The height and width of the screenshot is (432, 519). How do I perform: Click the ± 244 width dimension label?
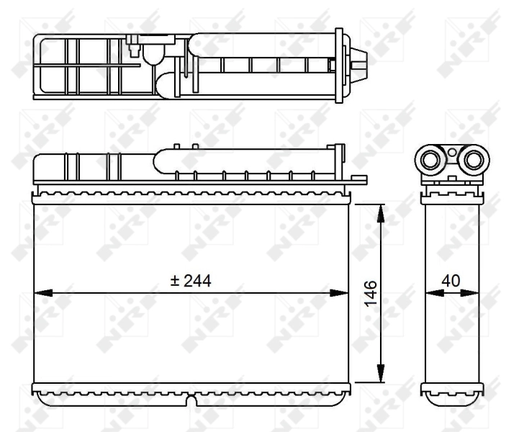pos(191,282)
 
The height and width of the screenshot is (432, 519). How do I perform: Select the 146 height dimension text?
pos(368,294)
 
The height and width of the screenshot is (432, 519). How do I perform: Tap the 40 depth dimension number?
pos(451,282)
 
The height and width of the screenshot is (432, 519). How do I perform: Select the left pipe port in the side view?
pos(433,159)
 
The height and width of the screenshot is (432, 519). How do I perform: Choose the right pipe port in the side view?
pos(472,159)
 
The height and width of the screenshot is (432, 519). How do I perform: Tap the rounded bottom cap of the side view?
pos(451,397)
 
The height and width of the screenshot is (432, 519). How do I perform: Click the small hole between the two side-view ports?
pos(452,152)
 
